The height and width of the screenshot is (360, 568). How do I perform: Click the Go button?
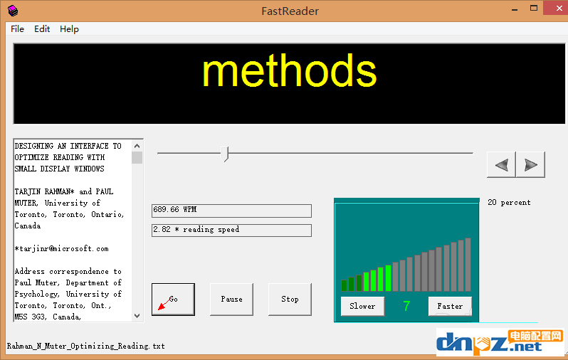click(173, 299)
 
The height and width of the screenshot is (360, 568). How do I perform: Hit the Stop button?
click(290, 299)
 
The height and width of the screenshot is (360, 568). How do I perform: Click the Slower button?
click(362, 306)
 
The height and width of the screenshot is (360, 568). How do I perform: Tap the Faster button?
click(450, 306)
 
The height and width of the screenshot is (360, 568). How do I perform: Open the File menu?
click(17, 29)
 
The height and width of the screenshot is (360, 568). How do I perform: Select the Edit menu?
click(42, 29)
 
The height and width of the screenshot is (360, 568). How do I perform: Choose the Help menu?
click(69, 29)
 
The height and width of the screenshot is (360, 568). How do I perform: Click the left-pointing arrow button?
click(501, 165)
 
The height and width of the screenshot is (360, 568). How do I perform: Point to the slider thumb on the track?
click(225, 154)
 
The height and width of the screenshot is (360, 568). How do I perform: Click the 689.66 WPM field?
click(231, 211)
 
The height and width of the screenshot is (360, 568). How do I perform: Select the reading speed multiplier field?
click(231, 231)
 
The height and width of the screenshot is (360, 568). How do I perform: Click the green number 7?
click(406, 306)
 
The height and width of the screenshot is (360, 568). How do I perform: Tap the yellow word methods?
click(290, 71)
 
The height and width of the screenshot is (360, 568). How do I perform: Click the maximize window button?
click(534, 8)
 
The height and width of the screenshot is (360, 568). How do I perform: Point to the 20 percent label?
click(509, 203)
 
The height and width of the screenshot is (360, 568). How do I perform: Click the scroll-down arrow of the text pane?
click(137, 316)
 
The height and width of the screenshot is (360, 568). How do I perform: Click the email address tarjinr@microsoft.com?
click(62, 249)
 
